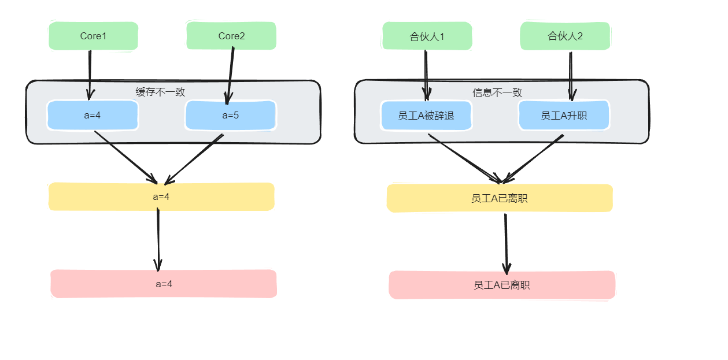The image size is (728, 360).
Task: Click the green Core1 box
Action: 93,36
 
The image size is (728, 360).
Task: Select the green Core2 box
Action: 231,36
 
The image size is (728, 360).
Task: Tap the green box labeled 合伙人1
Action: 427,36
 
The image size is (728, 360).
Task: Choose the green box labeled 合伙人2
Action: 565,36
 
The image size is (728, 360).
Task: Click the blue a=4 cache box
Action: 93,115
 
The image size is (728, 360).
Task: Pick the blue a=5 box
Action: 231,116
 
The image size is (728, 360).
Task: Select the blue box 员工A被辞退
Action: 426,116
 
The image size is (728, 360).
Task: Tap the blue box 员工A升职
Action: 564,116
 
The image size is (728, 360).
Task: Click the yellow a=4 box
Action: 161,196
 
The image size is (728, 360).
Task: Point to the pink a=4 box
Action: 164,284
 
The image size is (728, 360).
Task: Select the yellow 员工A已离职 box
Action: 500,198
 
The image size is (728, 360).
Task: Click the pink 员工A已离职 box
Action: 502,285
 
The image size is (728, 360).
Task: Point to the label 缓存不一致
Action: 160,91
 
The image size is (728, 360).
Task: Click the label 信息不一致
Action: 497,92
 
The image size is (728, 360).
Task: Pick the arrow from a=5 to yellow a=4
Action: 194,158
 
